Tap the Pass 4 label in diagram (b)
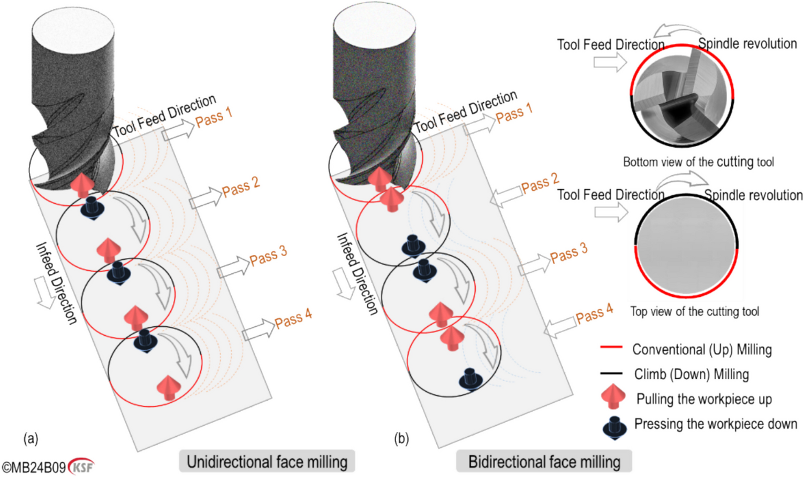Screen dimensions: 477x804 [x=594, y=314]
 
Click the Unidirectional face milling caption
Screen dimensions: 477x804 [x=267, y=461]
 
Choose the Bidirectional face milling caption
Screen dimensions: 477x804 [x=544, y=461]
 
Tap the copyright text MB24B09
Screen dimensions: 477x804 [x=34, y=467]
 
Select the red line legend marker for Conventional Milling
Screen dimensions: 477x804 [x=611, y=348]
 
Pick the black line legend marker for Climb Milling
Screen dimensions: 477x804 [x=611, y=373]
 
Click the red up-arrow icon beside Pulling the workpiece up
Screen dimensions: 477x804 [x=613, y=397]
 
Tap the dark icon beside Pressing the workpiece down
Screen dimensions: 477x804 [x=614, y=427]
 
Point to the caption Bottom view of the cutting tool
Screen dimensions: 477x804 [x=698, y=161]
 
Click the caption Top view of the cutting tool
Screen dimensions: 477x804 [x=694, y=311]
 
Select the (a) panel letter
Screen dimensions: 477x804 [x=31, y=439]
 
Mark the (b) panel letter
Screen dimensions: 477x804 [x=401, y=439]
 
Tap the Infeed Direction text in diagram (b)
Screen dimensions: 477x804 [x=357, y=273]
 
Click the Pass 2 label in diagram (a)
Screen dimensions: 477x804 [x=241, y=186]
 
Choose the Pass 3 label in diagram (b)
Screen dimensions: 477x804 [x=568, y=253]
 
